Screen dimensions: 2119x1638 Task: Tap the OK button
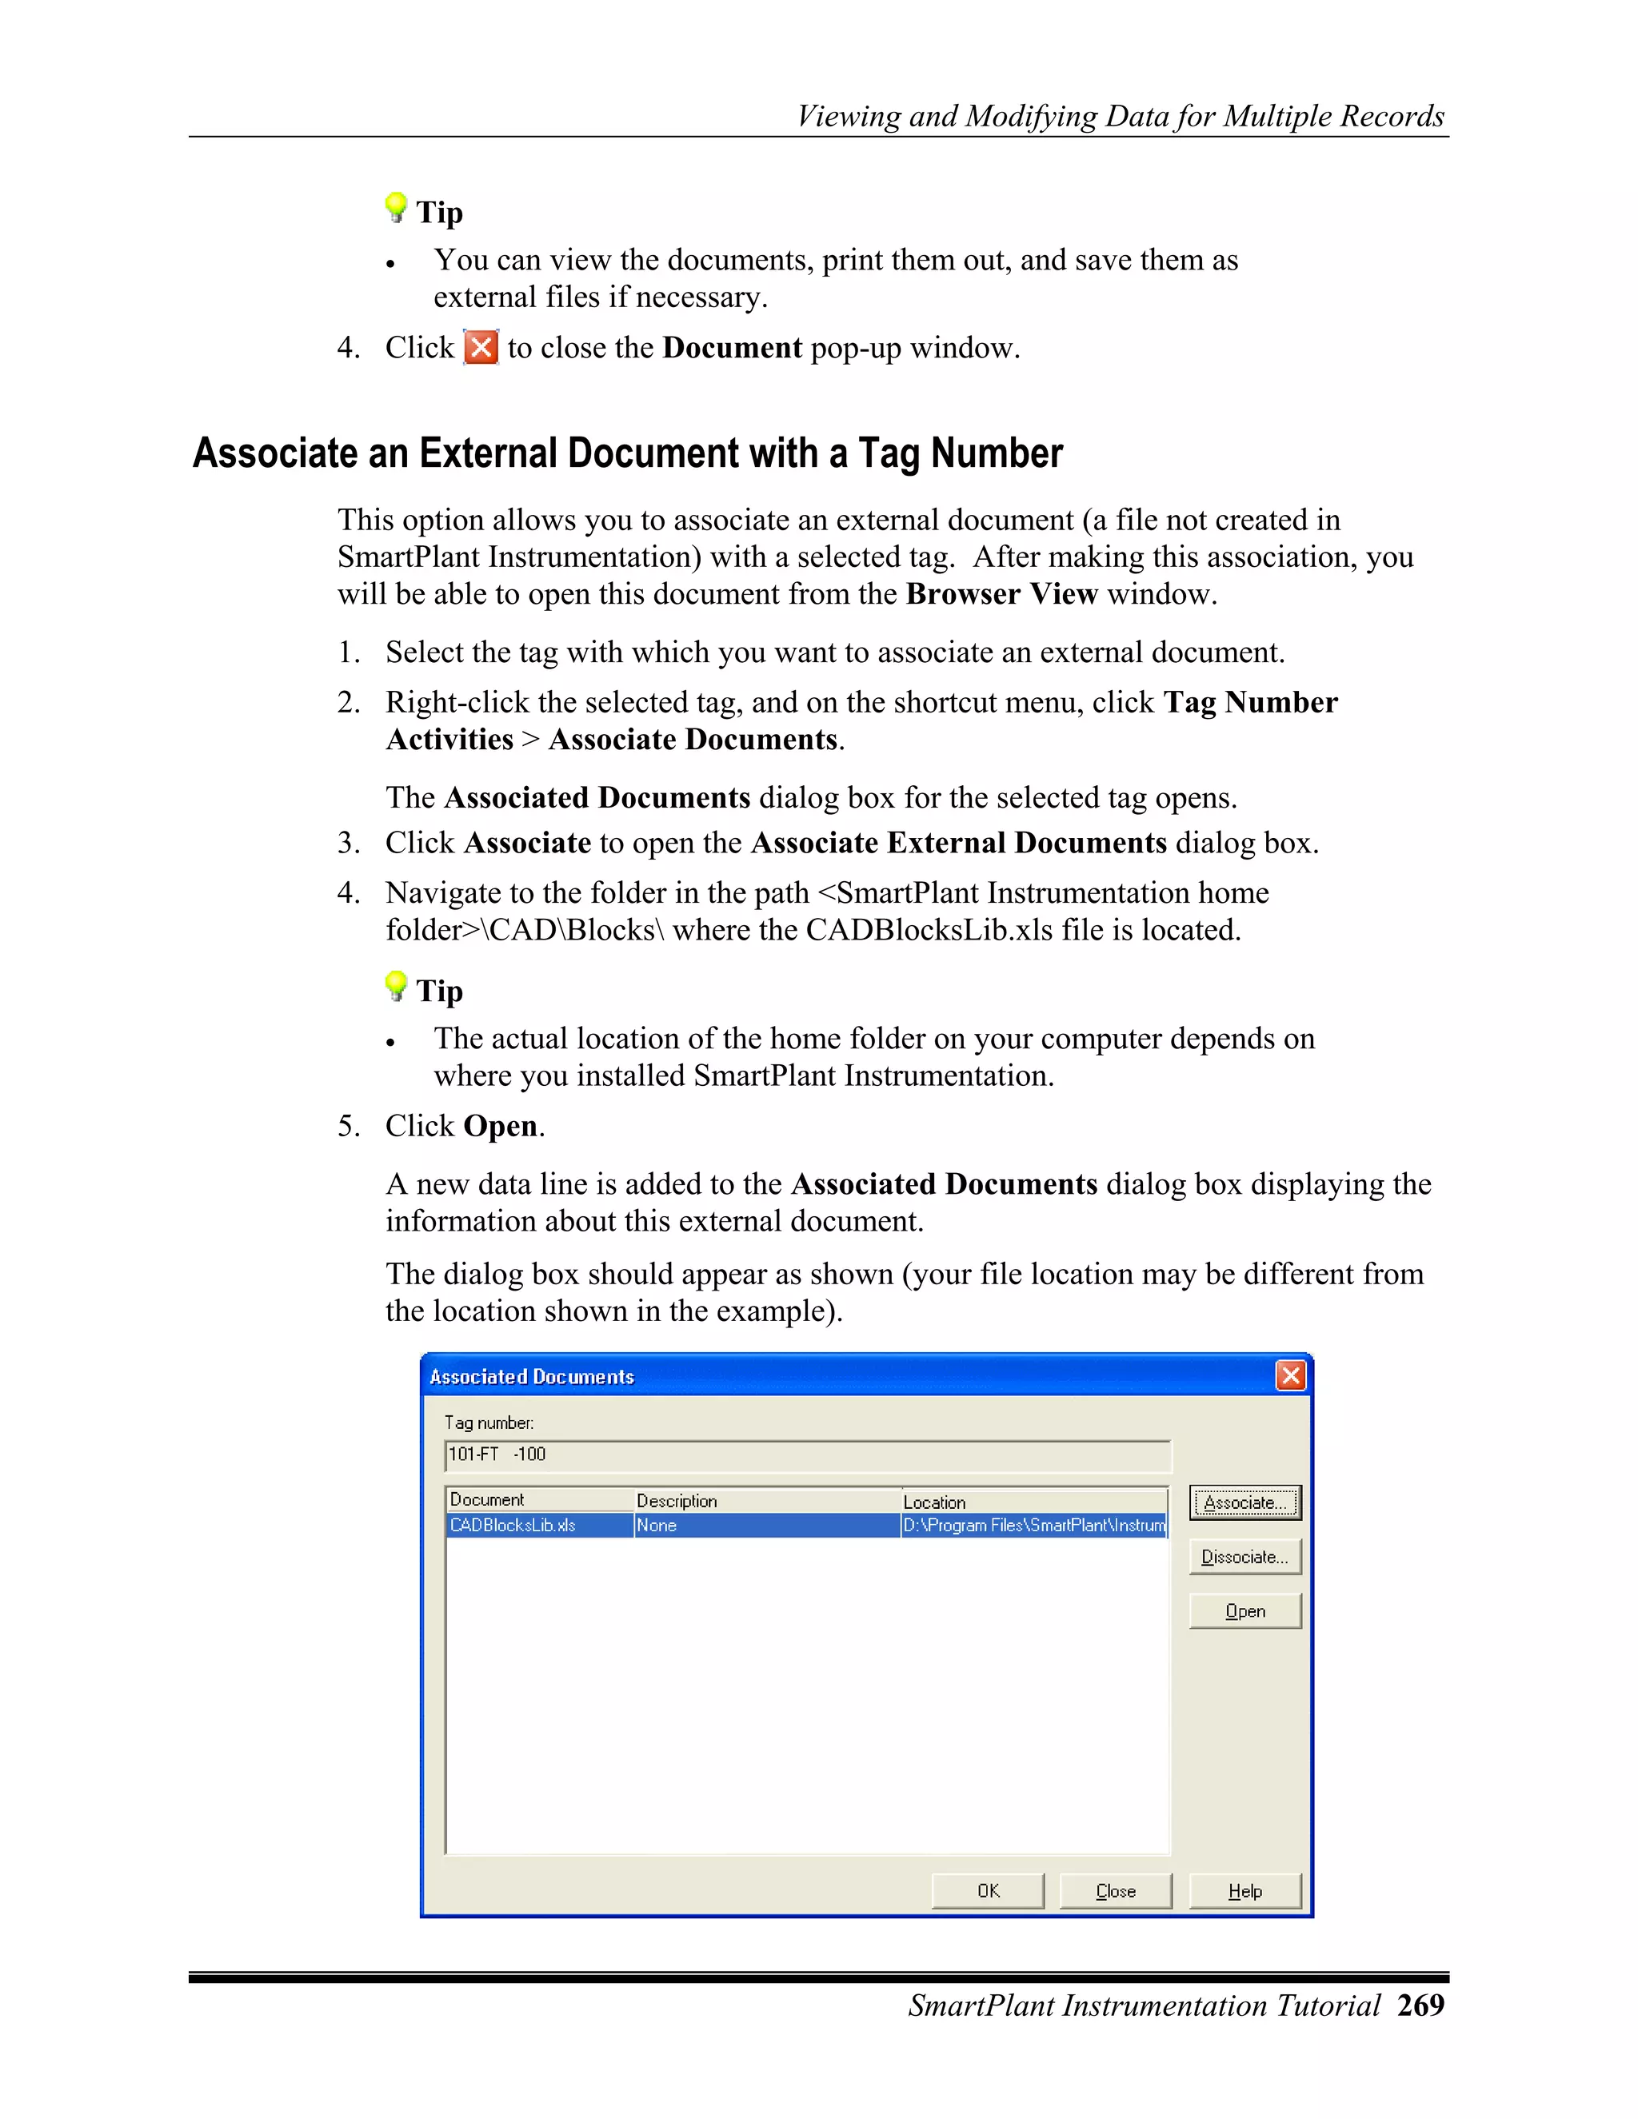pyautogui.click(x=987, y=1891)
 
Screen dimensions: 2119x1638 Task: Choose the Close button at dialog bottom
pyautogui.click(x=1115, y=1891)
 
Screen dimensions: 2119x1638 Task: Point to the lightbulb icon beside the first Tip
pyautogui.click(x=395, y=206)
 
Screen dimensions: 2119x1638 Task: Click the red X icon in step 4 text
pyautogui.click(x=481, y=347)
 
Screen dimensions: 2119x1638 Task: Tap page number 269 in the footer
pyautogui.click(x=1420, y=2005)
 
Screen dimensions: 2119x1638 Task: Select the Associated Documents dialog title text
pyautogui.click(x=532, y=1377)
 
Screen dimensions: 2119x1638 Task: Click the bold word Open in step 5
pyautogui.click(x=500, y=1126)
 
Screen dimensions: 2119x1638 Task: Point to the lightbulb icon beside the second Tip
pyautogui.click(x=395, y=986)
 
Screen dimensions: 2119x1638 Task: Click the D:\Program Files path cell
pyautogui.click(x=1033, y=1525)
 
